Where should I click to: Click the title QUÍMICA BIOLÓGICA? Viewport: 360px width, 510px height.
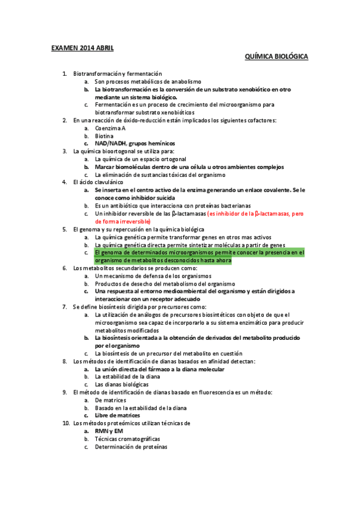tap(276, 57)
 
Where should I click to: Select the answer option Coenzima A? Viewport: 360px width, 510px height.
tap(110, 128)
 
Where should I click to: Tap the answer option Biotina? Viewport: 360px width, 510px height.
tap(105, 136)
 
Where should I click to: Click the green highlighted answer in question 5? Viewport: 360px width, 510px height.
tap(191, 256)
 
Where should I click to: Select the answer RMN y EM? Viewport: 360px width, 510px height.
tap(109, 431)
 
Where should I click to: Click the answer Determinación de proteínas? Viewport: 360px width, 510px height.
tap(131, 447)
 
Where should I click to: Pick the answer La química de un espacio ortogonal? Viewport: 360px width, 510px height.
tap(140, 159)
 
